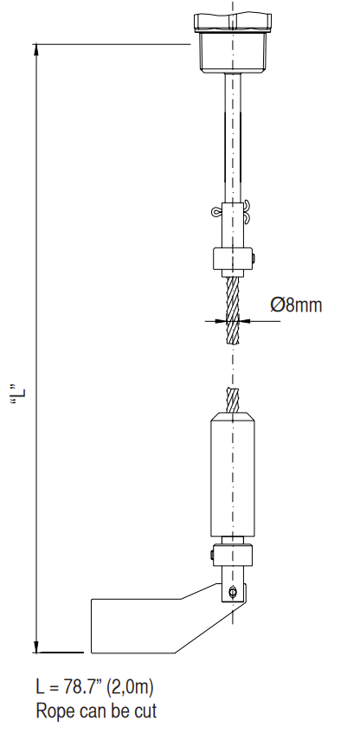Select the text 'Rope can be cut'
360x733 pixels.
tap(96, 711)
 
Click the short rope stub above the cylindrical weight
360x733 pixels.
tap(232, 400)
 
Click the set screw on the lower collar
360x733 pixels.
tap(211, 555)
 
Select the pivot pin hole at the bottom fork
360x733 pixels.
tap(233, 592)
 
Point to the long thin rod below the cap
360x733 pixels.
tap(232, 138)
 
